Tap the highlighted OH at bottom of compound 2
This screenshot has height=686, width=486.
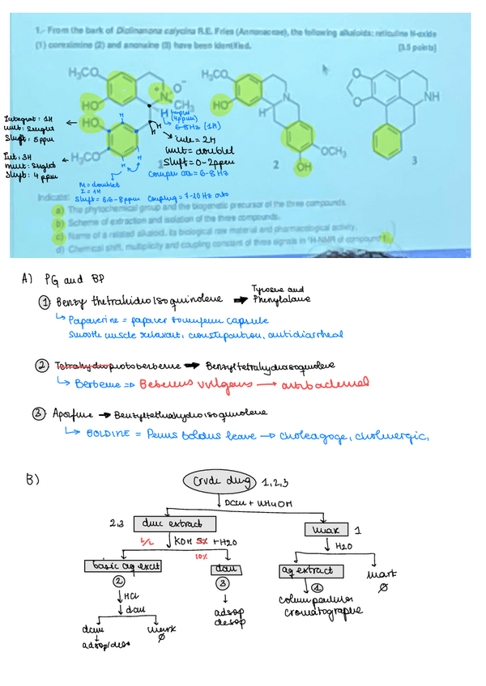coord(303,166)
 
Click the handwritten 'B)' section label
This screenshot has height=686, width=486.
coord(33,481)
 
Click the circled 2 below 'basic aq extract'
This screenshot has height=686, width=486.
coord(119,581)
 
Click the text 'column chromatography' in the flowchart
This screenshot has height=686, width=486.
coord(311,607)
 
